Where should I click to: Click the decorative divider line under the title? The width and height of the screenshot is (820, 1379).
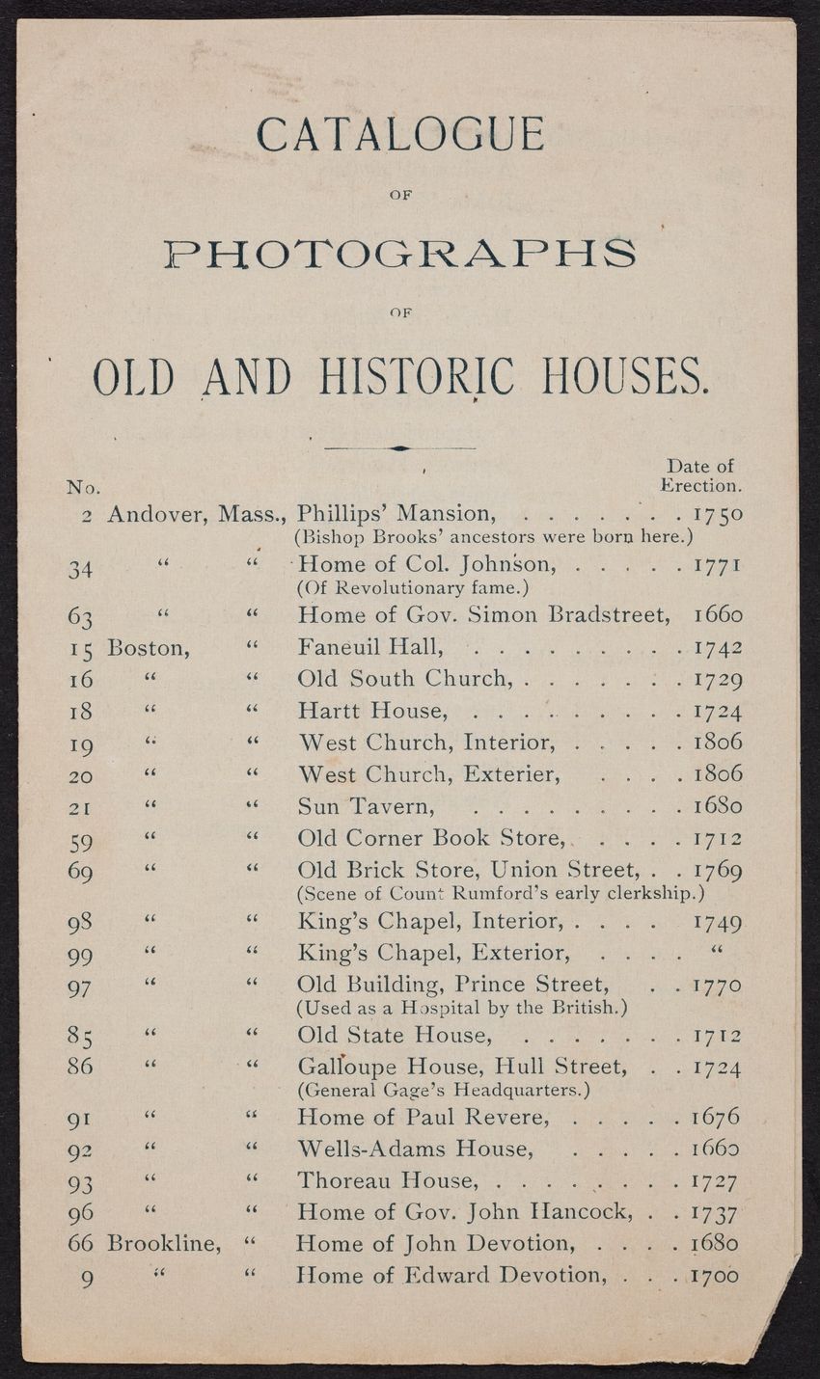[399, 448]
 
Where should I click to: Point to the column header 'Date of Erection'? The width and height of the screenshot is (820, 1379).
[700, 475]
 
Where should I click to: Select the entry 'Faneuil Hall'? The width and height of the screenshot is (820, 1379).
[369, 647]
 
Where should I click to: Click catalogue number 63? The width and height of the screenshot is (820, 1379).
[80, 615]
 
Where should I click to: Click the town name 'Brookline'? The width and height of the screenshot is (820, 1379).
[164, 1242]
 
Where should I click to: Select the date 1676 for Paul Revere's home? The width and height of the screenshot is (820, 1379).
[717, 1118]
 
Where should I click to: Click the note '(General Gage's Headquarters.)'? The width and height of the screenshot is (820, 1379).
[444, 1091]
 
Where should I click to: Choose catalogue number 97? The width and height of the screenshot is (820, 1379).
[80, 987]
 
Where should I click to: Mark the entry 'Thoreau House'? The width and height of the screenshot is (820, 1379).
[387, 1180]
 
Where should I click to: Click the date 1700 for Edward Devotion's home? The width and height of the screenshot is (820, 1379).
[717, 1275]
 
